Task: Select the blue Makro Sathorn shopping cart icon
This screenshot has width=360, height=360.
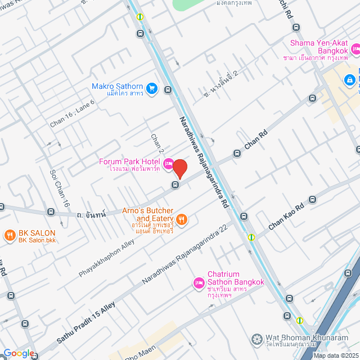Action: [x=151, y=88]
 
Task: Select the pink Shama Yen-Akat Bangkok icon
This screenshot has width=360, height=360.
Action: [x=355, y=49]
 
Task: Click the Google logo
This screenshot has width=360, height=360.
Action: [x=19, y=353]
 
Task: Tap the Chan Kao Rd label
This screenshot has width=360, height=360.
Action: [x=286, y=215]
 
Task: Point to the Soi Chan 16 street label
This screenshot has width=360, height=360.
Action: [x=60, y=188]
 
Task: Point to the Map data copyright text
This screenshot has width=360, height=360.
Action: [x=336, y=355]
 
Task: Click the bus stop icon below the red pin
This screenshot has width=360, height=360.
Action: [x=175, y=184]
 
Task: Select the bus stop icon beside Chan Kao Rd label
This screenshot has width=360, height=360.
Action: [x=313, y=200]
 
